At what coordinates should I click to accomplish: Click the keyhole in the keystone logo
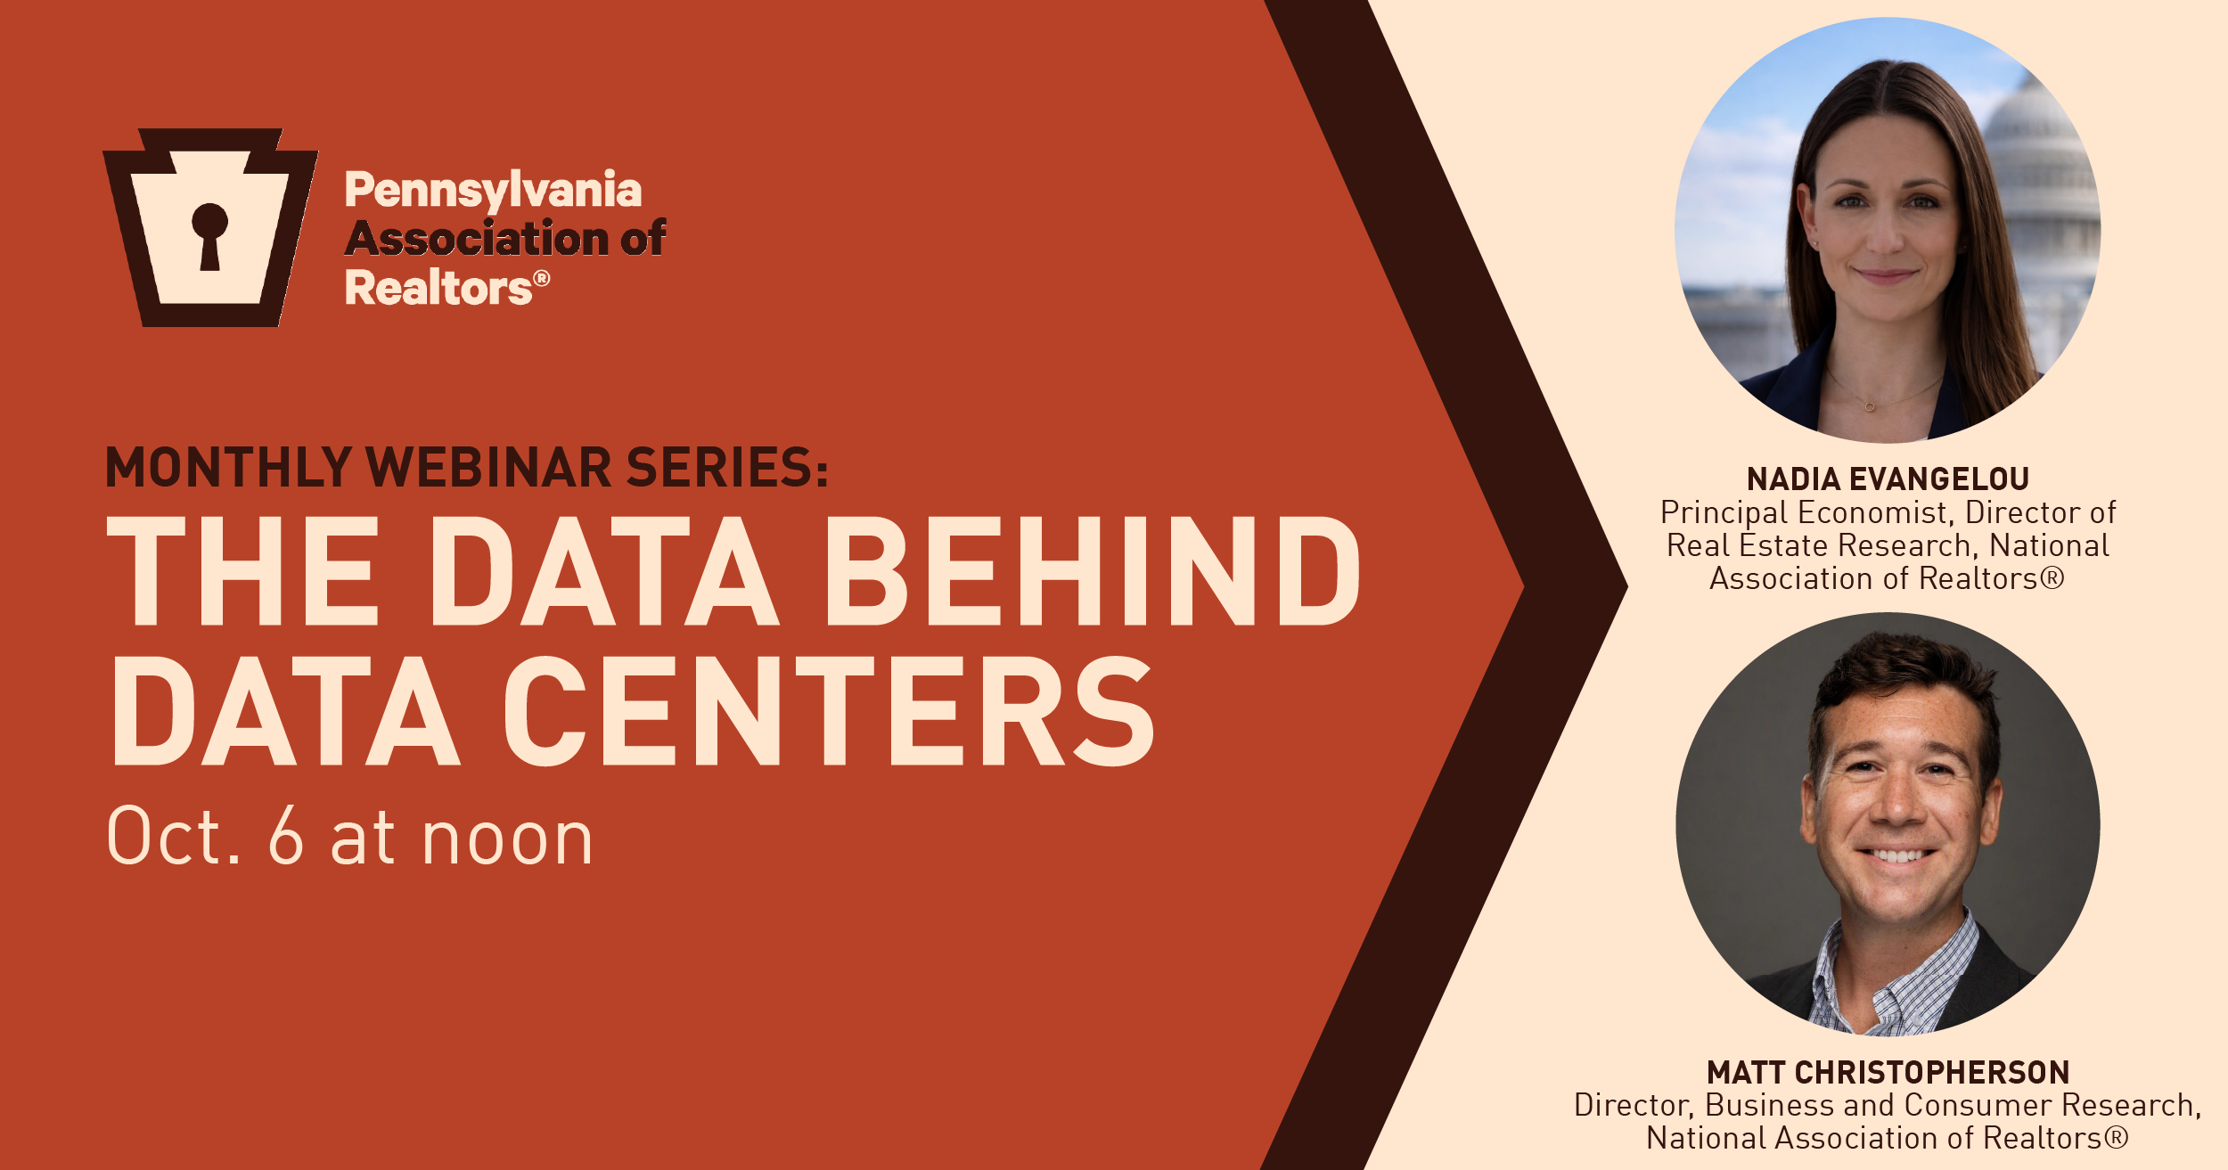tap(210, 236)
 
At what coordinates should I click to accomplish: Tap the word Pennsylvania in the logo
tap(493, 191)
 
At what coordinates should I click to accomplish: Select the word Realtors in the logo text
tap(438, 288)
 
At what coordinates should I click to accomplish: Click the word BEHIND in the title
tap(1093, 571)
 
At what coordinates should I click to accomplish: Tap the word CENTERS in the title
tap(829, 711)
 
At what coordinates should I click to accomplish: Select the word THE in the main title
tap(242, 571)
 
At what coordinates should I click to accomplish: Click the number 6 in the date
tap(286, 835)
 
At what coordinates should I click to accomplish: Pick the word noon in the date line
tap(507, 842)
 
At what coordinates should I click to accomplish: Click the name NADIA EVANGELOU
tap(1888, 479)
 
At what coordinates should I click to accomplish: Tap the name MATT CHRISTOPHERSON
tap(1888, 1073)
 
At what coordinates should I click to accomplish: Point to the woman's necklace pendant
tap(1870, 407)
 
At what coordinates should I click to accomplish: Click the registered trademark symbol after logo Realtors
tap(542, 278)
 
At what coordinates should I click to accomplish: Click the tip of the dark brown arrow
tap(1627, 585)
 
